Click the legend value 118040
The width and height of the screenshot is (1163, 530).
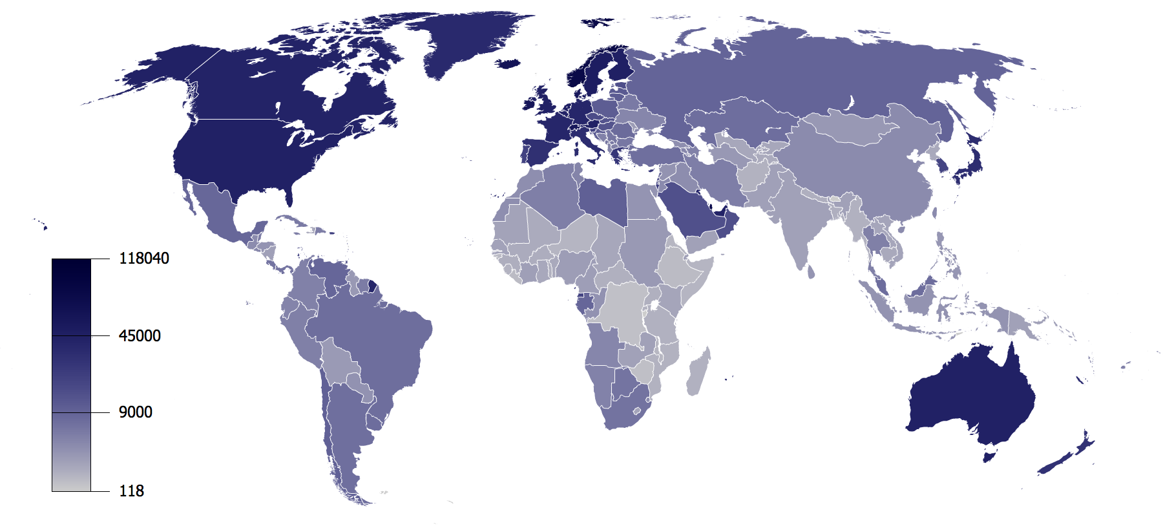click(143, 259)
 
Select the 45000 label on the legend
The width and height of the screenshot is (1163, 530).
click(140, 336)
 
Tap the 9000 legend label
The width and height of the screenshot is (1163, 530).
click(135, 412)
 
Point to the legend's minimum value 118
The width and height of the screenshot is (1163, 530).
click(131, 491)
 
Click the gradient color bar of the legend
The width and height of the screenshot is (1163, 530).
click(71, 375)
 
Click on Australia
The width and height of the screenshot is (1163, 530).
click(969, 394)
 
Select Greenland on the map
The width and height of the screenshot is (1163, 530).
click(465, 39)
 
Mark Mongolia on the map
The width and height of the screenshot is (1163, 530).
click(853, 126)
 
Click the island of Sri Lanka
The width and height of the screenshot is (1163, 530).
click(811, 271)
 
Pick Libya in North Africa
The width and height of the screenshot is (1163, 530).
click(604, 197)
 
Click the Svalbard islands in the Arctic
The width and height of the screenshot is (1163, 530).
click(598, 21)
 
